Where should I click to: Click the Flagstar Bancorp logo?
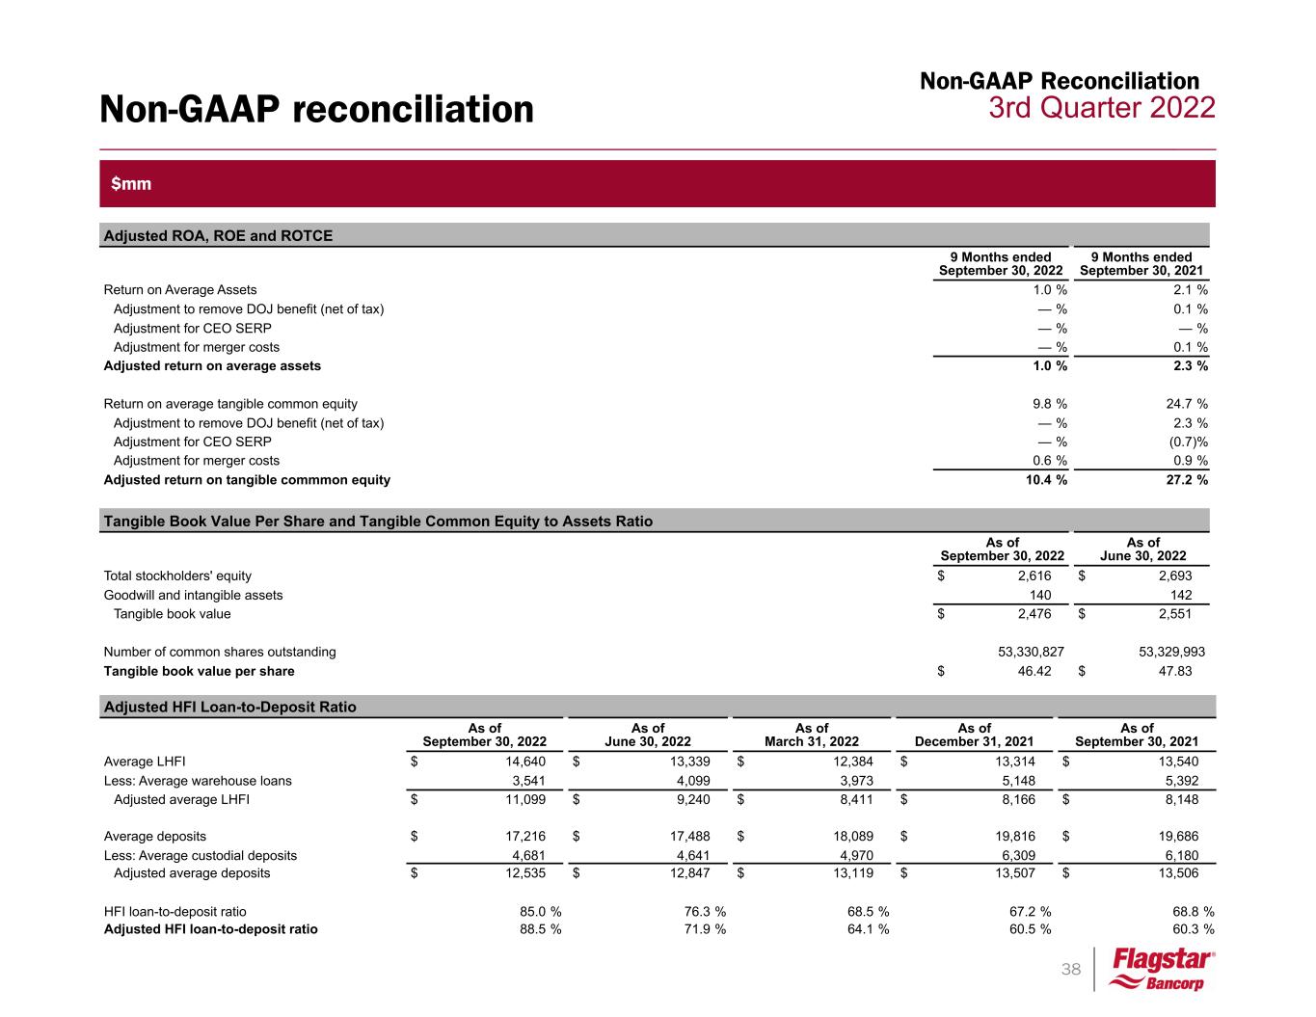(1161, 970)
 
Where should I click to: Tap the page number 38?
(1071, 970)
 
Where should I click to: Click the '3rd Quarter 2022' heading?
(1101, 108)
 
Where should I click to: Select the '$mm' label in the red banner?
(131, 183)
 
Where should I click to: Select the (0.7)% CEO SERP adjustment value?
(1184, 442)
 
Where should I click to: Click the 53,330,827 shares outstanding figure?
(1031, 652)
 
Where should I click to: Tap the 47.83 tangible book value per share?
(1173, 671)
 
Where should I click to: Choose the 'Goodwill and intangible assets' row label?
(193, 595)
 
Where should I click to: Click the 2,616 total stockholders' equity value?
(1034, 575)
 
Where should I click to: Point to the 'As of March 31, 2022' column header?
(811, 736)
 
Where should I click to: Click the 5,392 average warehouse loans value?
(1180, 781)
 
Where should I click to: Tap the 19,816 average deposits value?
(1016, 837)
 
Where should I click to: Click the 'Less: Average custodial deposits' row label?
(200, 855)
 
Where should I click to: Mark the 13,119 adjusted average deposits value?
(853, 873)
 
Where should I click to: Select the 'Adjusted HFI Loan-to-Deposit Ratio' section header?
(229, 707)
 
